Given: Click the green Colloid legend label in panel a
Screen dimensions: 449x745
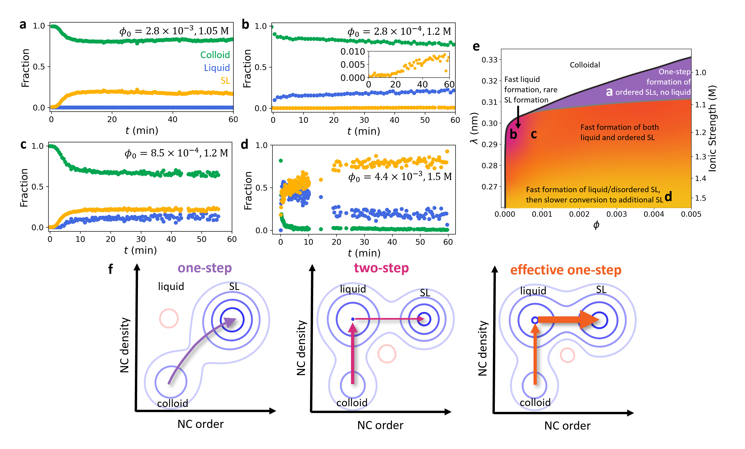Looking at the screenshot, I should tap(215, 55).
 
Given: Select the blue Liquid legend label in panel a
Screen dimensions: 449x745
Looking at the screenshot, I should tap(217, 68).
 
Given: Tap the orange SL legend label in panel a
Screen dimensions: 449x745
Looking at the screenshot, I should tap(225, 81).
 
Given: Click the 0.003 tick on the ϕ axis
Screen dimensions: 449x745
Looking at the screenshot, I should tap(616, 214).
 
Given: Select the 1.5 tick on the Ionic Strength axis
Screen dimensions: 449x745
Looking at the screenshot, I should tap(700, 198).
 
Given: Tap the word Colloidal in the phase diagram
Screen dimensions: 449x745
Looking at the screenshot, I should tap(585, 65).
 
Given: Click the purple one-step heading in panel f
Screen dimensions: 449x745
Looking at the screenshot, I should tap(205, 268).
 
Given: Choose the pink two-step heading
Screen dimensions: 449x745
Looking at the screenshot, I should tap(381, 268).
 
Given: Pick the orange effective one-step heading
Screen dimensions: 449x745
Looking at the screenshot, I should tap(566, 270).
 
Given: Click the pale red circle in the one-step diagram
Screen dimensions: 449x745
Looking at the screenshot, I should tap(169, 318).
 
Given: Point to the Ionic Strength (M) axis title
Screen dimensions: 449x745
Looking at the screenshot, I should tap(712, 129).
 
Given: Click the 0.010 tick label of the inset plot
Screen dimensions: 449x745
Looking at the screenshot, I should tap(352, 52).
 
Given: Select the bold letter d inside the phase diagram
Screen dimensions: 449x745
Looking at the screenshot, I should tap(668, 196).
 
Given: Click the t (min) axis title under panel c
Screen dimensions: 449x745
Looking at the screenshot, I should tap(141, 250).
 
